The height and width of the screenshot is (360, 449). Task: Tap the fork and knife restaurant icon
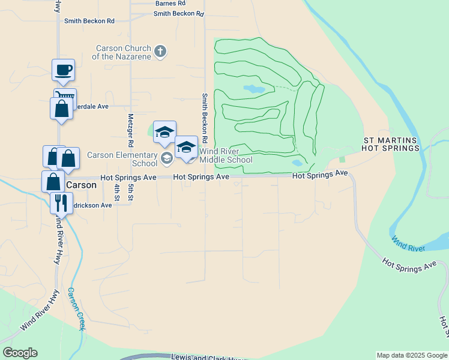[61, 203]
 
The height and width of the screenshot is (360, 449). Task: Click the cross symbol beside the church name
[160, 52]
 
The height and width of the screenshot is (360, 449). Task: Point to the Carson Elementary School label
[122, 159]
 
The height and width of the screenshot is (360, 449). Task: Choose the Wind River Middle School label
[226, 155]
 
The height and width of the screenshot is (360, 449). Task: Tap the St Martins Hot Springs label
[391, 144]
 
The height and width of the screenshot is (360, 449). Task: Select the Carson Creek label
[76, 308]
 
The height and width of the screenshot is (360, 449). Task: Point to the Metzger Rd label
[130, 131]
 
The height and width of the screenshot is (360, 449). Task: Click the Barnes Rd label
[170, 4]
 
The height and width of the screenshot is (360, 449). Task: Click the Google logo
[20, 353]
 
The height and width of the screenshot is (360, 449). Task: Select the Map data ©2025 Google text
[412, 355]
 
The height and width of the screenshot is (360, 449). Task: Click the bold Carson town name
[80, 185]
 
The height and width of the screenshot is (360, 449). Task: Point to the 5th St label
[130, 193]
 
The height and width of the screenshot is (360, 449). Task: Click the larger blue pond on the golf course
[254, 89]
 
